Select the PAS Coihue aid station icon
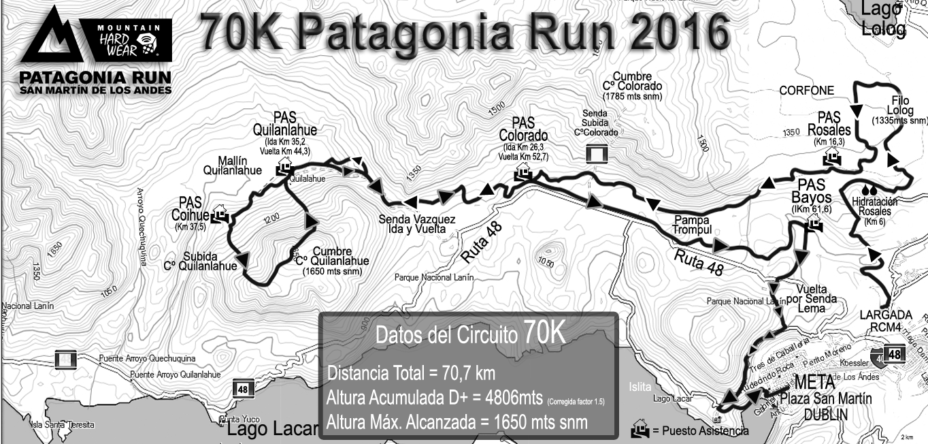[x=219, y=214]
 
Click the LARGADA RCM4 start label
[x=884, y=320]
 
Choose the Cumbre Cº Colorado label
[x=632, y=86]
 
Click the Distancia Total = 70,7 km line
[x=411, y=373]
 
